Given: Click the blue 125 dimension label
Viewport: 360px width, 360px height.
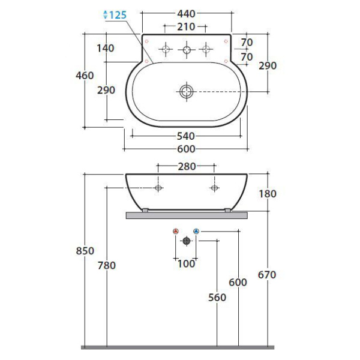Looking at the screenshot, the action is coord(118,15).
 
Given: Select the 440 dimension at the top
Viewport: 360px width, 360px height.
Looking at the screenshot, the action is coord(186,14).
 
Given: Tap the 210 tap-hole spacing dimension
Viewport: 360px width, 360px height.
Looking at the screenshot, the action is coord(186,27).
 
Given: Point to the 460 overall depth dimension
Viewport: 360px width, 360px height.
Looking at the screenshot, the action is coord(85,76).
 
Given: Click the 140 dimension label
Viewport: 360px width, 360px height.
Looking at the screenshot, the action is coord(106,48).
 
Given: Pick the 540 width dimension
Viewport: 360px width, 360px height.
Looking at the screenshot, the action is coord(186,136).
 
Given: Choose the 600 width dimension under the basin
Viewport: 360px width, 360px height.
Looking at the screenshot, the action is coord(186,149).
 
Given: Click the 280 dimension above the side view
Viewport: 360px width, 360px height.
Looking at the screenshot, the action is coord(187,166).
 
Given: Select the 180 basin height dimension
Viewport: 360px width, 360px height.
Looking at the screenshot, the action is coord(268,194).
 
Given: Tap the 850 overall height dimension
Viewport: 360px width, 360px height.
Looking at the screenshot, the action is coord(85,251).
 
